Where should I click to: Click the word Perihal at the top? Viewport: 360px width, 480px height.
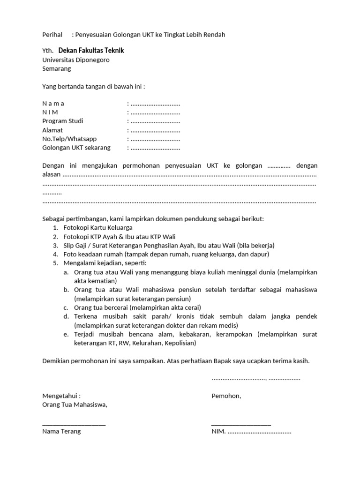[52, 35]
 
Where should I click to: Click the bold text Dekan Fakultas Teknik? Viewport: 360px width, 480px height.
[91, 51]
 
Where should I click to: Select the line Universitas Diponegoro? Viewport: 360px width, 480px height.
[76, 60]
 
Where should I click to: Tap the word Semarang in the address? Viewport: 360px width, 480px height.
[57, 68]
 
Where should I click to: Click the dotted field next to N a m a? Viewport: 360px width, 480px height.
[155, 104]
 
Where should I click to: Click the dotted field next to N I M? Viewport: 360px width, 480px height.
[155, 112]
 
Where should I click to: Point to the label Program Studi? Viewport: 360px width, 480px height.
[62, 121]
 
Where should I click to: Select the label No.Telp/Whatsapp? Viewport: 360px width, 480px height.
[69, 139]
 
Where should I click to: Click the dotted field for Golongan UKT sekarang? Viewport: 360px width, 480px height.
[155, 148]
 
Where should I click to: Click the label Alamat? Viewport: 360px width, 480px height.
[52, 130]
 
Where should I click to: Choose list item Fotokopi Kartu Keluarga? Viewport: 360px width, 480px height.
[98, 228]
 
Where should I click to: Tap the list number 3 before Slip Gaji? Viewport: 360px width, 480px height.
[55, 245]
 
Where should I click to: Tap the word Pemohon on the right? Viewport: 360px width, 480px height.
[226, 396]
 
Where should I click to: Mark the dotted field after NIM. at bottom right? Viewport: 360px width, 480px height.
[260, 432]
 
